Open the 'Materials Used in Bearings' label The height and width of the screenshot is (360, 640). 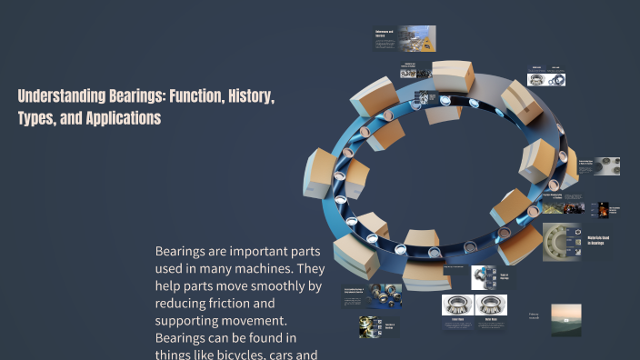pos(604,242)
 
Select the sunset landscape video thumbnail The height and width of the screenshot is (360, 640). pos(565,319)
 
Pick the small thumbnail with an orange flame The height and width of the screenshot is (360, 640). pos(603,209)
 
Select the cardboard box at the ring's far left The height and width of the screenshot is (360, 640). pos(323,174)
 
